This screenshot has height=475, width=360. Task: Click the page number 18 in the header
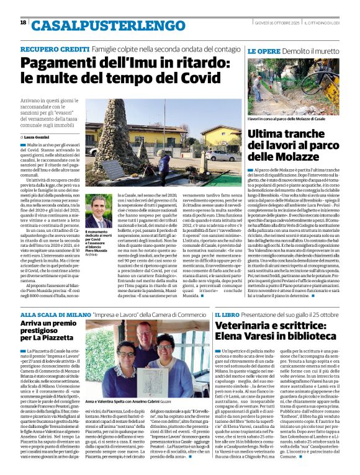pos(23,22)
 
